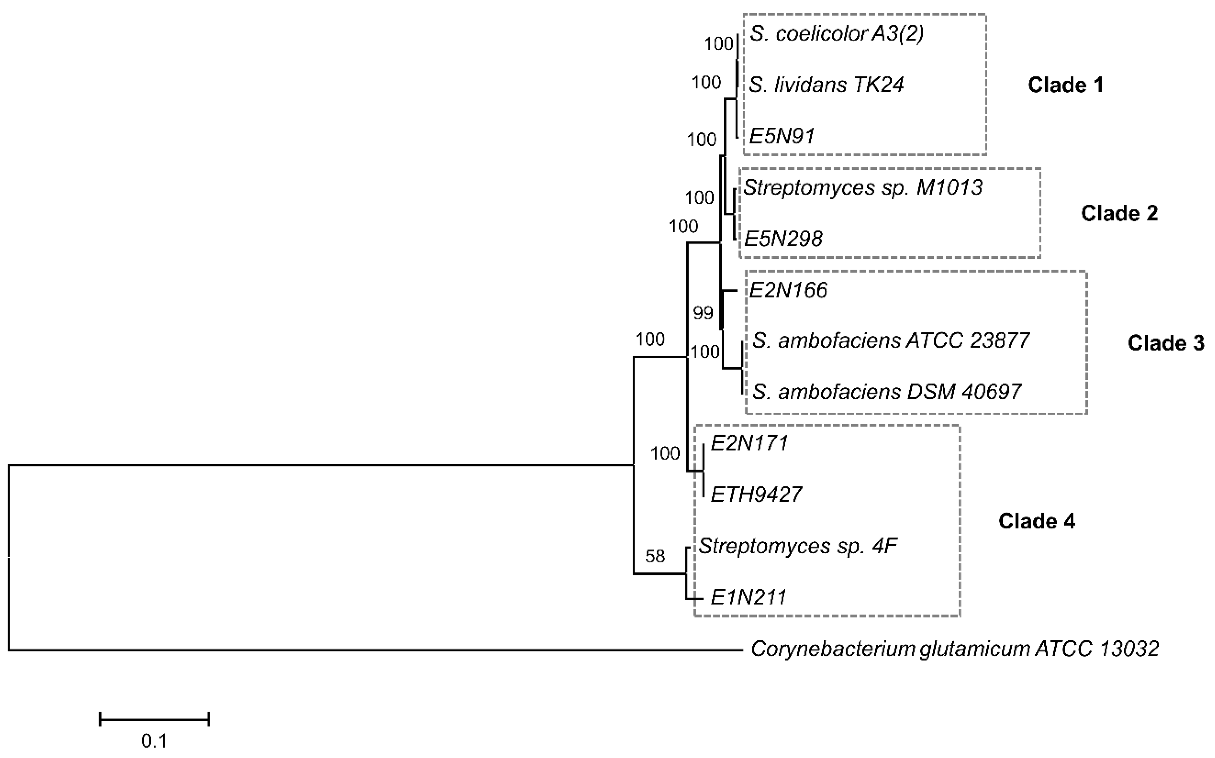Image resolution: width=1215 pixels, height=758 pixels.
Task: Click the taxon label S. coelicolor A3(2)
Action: pyautogui.click(x=836, y=34)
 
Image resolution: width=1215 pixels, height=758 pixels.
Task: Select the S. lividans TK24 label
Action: pyautogui.click(x=826, y=85)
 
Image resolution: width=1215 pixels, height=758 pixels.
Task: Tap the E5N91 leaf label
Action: pyautogui.click(x=782, y=136)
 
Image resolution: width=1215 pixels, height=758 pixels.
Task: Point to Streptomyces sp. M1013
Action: pyautogui.click(x=863, y=188)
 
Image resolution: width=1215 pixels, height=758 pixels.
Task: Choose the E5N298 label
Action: pyautogui.click(x=783, y=239)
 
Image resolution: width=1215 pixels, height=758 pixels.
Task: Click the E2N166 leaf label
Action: pyautogui.click(x=788, y=290)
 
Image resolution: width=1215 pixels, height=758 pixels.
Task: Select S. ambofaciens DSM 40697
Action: pyautogui.click(x=886, y=392)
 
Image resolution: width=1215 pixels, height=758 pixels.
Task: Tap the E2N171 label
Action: pyautogui.click(x=749, y=443)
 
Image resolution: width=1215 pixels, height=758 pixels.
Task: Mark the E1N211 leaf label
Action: pyautogui.click(x=748, y=597)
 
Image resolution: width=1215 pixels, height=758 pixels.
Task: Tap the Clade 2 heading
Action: pyautogui.click(x=1119, y=213)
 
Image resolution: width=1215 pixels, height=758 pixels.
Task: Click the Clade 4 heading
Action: pyautogui.click(x=1037, y=521)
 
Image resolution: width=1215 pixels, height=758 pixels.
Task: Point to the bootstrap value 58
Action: pyautogui.click(x=655, y=556)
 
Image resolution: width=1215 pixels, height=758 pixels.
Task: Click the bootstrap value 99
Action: pyautogui.click(x=703, y=313)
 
